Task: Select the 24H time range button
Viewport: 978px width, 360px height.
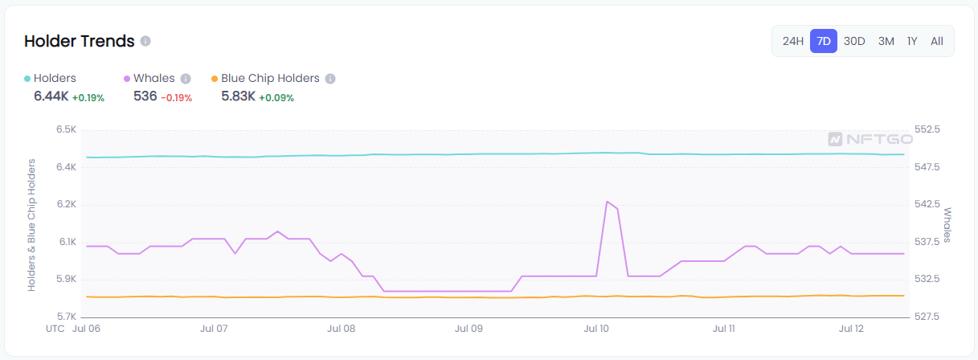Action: tap(793, 41)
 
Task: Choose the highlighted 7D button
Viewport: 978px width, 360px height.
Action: tap(824, 41)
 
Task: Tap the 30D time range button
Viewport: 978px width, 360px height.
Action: tap(854, 41)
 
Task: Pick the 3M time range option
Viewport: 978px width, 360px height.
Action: tap(886, 41)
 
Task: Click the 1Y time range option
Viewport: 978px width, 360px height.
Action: tap(912, 41)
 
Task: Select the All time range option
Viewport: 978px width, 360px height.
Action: tap(937, 41)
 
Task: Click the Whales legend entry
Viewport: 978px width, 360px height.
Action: tap(153, 78)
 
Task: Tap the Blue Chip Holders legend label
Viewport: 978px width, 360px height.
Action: tap(270, 78)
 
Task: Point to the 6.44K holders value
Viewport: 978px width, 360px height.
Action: tap(51, 96)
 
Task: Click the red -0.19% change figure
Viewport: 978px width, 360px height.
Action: tap(176, 97)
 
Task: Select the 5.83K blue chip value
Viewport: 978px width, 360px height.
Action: tap(238, 96)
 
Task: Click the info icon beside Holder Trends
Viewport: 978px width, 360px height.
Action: tap(145, 41)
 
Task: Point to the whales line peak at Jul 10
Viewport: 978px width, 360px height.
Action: tap(607, 202)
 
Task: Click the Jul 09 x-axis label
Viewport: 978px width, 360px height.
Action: tap(469, 329)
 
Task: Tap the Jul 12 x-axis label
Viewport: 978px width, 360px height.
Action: tap(851, 329)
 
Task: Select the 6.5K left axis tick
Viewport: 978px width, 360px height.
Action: tap(66, 130)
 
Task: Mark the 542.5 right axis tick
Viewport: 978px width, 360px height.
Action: tap(928, 204)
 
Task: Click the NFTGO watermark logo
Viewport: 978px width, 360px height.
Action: tap(870, 138)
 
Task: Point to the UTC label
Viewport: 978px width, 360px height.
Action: tap(55, 329)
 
